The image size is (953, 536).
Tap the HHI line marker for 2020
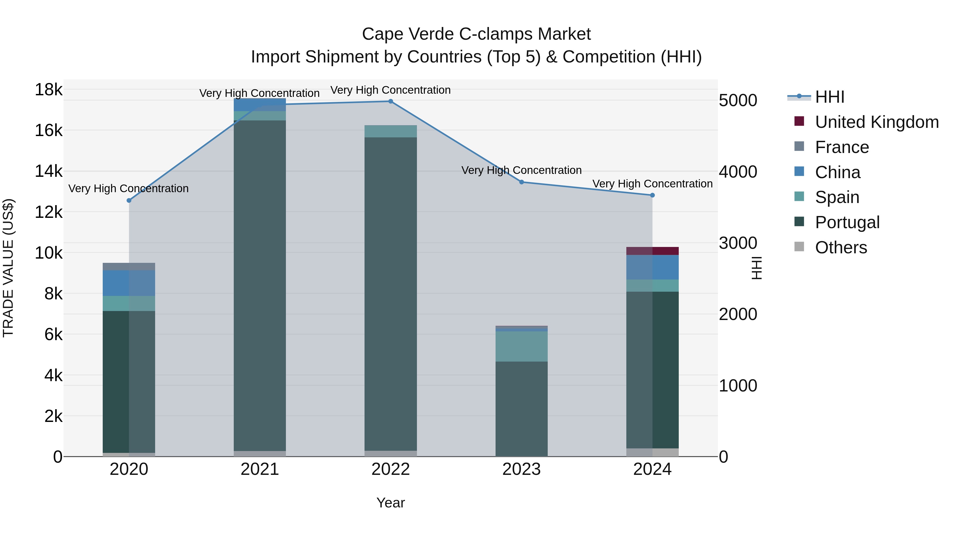click(x=129, y=200)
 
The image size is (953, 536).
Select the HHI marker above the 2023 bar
click(x=521, y=182)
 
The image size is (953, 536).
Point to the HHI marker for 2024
click(x=652, y=195)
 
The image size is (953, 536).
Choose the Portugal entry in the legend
click(x=847, y=222)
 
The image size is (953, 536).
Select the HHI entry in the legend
click(x=829, y=97)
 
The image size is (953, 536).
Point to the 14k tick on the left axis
click(x=48, y=171)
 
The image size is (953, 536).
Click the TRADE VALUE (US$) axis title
click(x=8, y=268)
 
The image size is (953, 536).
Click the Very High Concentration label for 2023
click(x=521, y=170)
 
